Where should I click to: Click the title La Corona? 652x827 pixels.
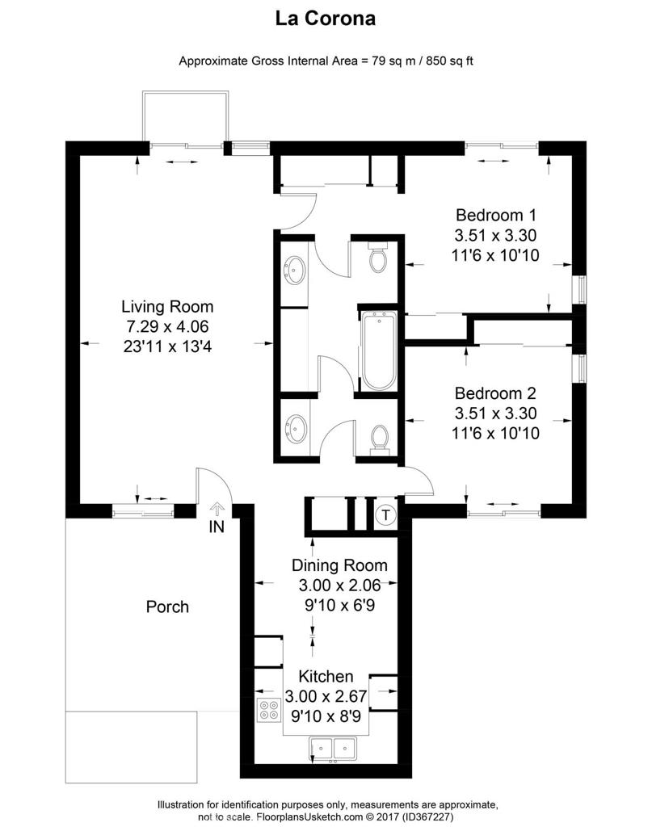click(326, 19)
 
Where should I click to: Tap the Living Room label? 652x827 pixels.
click(167, 307)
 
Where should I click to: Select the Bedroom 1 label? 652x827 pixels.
click(496, 216)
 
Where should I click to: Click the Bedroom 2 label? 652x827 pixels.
click(496, 394)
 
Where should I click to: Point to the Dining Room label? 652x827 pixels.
click(339, 565)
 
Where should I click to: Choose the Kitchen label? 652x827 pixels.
click(326, 676)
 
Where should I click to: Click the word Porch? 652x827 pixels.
click(167, 607)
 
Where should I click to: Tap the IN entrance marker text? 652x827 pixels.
click(216, 527)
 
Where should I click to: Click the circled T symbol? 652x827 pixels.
click(386, 514)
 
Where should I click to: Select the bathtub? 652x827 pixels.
click(376, 352)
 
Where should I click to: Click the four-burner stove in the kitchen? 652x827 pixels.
click(268, 711)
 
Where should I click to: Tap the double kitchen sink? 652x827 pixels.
click(334, 746)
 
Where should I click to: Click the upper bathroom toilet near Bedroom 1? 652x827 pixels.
click(377, 257)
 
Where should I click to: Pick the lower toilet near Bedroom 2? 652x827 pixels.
click(377, 439)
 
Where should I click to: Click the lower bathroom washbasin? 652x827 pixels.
click(295, 426)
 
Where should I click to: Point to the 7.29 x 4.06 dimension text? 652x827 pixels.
click(167, 326)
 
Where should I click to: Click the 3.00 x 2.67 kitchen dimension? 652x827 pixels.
click(326, 695)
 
